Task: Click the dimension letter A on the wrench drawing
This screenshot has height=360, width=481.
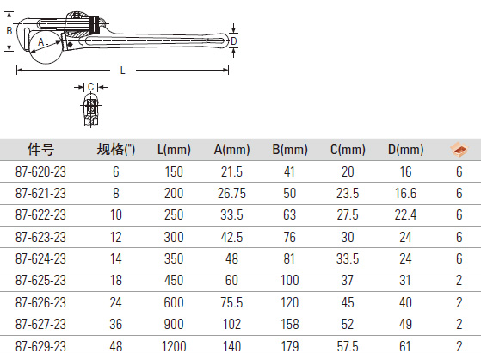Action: (x=40, y=41)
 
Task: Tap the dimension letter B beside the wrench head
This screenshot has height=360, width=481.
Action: (x=9, y=31)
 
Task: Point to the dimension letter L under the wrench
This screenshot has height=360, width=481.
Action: (x=123, y=71)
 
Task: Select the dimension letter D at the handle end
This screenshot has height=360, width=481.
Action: (x=234, y=41)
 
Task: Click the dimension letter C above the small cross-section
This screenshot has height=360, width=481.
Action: (x=91, y=87)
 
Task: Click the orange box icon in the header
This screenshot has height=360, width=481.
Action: (x=459, y=150)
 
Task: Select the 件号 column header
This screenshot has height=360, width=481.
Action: (x=40, y=150)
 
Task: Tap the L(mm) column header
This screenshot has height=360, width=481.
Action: (x=174, y=150)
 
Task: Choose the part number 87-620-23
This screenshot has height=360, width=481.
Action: (x=40, y=171)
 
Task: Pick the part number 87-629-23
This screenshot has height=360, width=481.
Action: (x=40, y=346)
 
